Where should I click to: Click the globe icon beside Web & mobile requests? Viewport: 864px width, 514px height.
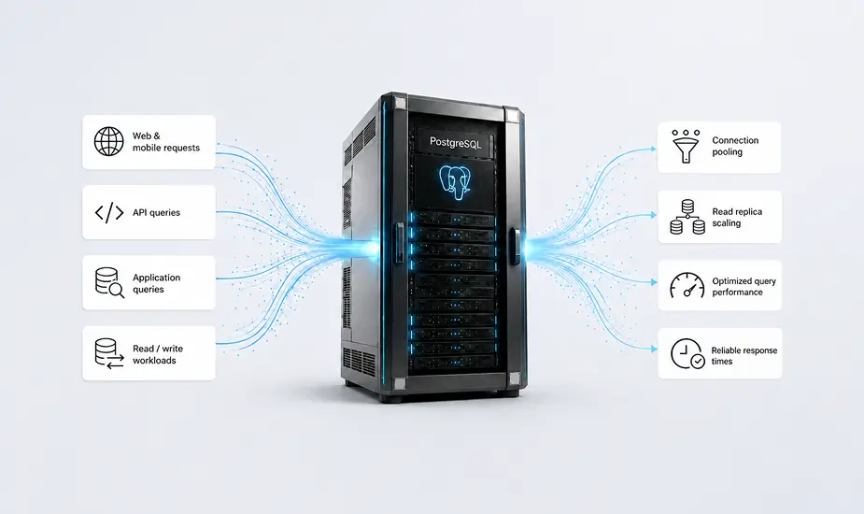pos(108,141)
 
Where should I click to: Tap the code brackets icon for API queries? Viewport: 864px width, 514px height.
pos(109,212)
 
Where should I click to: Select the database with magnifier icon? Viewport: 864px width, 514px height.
pos(109,282)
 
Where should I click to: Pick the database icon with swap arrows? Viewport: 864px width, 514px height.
pos(109,353)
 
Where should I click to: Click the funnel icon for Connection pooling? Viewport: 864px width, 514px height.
pos(686,146)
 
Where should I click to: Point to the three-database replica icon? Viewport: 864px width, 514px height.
pos(687,218)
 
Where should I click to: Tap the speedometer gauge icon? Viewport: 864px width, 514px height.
pos(687,286)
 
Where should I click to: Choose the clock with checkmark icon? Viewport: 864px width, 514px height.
pos(687,353)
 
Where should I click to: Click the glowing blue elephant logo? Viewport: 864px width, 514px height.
pos(455,182)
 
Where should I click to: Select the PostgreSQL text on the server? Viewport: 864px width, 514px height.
pos(455,143)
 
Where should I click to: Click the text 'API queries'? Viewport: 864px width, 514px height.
pos(156,212)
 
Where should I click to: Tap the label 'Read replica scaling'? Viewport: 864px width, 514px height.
pos(737,218)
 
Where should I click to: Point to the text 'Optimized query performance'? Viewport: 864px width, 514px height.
pos(744,286)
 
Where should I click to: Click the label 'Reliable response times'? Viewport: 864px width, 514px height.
pos(744,356)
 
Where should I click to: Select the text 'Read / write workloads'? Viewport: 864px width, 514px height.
pos(158,354)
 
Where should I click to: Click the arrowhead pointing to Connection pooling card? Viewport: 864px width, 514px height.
pos(654,149)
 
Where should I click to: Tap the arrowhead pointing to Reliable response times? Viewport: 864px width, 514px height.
pos(654,349)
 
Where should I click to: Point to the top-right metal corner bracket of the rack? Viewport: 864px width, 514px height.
pos(513,116)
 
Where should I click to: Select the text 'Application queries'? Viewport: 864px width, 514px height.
pos(156,283)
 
